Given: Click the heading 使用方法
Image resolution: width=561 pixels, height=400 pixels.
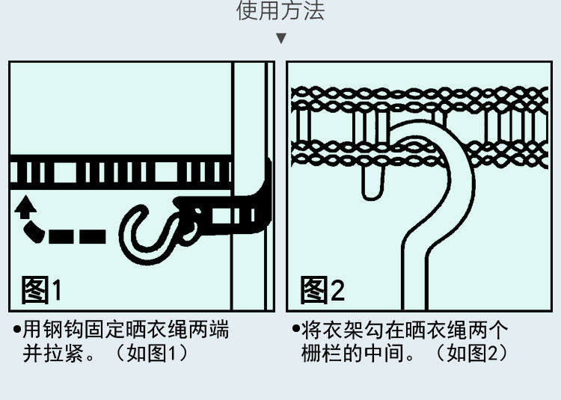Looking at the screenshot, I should [x=280, y=12].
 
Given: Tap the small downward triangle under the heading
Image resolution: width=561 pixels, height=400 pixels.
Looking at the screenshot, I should [x=280, y=38].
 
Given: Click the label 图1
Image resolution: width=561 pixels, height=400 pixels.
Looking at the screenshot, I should [x=41, y=289].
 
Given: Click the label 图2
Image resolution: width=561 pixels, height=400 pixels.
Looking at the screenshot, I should [x=322, y=289].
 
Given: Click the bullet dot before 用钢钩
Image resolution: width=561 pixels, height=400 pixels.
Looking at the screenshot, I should [x=16, y=329].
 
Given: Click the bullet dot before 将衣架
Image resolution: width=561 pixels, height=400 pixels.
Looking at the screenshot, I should [x=295, y=329].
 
